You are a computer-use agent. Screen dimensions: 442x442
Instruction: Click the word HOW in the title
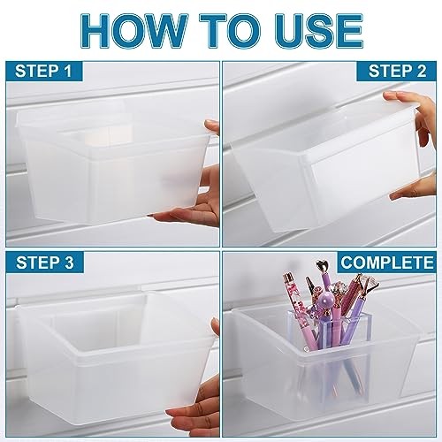pos(134,31)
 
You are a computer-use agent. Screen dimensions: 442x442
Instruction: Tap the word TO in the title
pos(234,31)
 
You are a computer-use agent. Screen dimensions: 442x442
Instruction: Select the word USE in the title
pos(319,31)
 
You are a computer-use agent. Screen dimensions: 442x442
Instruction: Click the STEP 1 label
pos(43,72)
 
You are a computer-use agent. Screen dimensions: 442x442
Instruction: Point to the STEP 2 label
pos(397,72)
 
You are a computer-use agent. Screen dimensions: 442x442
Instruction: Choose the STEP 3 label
pos(45,263)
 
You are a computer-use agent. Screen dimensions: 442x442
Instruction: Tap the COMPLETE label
pos(387,263)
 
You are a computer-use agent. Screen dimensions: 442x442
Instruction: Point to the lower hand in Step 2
pos(415,187)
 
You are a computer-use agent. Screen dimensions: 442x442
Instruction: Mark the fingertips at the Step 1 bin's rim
pos(212,126)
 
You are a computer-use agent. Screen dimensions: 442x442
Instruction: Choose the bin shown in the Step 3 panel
pos(115,356)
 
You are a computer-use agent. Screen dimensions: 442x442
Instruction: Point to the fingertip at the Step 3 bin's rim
pos(215,327)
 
